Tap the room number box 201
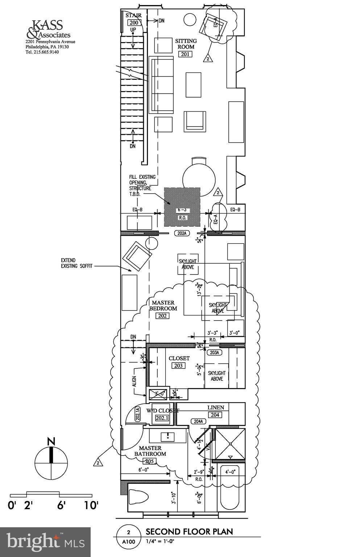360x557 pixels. tap(185, 54)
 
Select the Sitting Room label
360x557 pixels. tap(186, 44)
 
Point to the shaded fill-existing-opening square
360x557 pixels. tap(182, 207)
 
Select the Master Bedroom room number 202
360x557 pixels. tap(162, 316)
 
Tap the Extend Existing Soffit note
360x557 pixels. tap(77, 263)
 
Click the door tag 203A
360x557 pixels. tap(214, 352)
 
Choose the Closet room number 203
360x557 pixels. tap(178, 366)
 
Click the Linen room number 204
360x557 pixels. tap(215, 415)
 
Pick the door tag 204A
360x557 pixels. tap(198, 421)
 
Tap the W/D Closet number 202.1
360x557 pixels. tap(162, 418)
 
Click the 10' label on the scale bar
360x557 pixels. tap(91, 505)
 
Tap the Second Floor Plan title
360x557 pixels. tap(189, 532)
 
